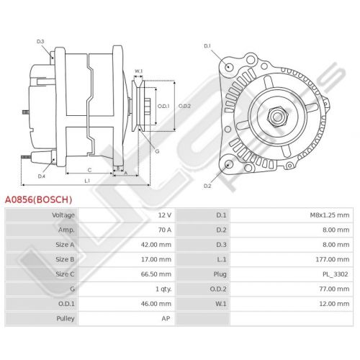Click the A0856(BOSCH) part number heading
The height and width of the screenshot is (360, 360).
click(38, 199)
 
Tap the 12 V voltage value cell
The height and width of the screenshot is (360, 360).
click(165, 215)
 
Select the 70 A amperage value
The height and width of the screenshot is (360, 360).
click(165, 230)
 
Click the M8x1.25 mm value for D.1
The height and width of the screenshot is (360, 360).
click(330, 215)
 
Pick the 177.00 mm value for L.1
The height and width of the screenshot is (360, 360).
click(333, 259)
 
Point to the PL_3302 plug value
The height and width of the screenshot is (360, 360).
click(335, 274)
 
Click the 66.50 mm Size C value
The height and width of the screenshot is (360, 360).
click(156, 274)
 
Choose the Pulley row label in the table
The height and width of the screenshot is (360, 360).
click(66, 318)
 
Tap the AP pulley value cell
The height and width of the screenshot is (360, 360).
click(166, 318)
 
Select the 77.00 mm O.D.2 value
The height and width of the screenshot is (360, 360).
click(334, 289)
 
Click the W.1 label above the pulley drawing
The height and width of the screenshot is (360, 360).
click(138, 71)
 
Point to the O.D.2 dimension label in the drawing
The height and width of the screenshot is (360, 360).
click(184, 106)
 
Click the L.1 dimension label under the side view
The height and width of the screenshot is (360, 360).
click(87, 181)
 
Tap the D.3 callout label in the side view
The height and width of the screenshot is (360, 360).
click(40, 42)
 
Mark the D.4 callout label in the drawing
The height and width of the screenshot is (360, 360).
click(42, 176)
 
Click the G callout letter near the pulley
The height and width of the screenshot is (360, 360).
click(157, 151)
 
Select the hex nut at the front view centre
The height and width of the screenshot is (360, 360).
click(278, 117)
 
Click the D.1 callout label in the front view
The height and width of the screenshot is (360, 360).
click(207, 46)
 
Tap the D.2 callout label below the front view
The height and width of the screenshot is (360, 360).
click(207, 186)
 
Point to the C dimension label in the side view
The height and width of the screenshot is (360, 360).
click(89, 170)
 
